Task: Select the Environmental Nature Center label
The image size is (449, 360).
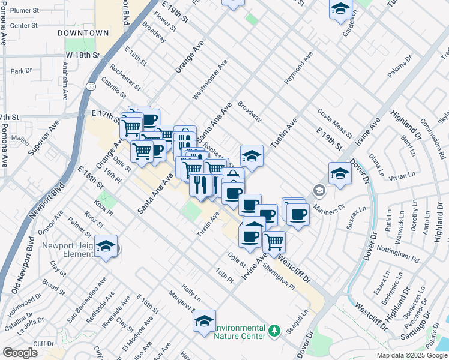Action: pos(240,332)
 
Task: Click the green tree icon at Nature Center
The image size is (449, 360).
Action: pos(274,331)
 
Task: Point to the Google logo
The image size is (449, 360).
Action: pos(20,353)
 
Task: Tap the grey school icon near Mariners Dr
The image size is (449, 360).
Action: pos(318,191)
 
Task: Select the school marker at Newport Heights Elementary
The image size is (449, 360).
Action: pos(106,247)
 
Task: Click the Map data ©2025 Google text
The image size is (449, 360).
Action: pos(411,355)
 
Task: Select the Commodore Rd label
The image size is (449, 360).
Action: pos(427,133)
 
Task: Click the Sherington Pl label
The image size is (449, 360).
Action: pos(282,278)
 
